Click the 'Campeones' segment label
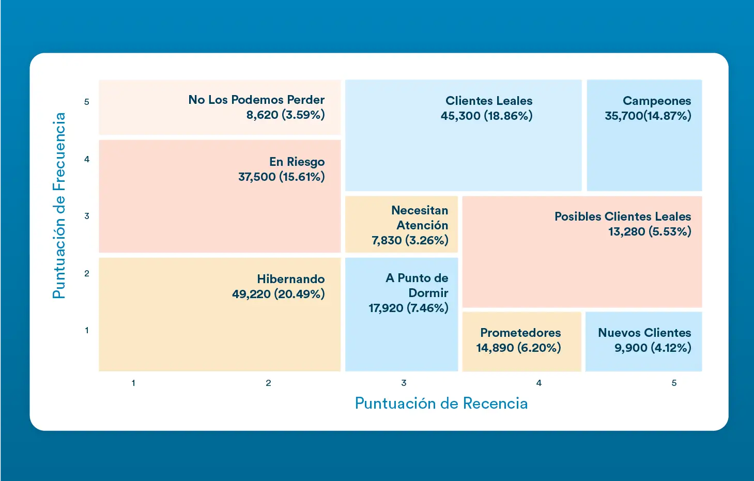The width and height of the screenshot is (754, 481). (656, 101)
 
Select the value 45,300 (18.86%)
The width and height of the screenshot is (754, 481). (486, 116)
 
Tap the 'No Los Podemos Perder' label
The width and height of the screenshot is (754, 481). (256, 100)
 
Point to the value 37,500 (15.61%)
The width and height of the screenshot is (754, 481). (281, 177)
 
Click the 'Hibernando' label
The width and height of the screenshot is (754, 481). (290, 279)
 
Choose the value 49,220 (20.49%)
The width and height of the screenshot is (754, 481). (278, 294)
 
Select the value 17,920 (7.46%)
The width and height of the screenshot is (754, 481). (408, 308)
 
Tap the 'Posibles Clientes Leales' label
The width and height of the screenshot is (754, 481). (622, 216)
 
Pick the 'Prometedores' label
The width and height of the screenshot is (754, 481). (520, 333)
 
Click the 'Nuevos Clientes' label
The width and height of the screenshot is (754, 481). (644, 333)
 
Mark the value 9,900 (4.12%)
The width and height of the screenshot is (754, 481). (652, 348)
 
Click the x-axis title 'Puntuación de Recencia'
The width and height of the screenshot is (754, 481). (441, 403)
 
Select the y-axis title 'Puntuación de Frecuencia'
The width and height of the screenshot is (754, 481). (59, 206)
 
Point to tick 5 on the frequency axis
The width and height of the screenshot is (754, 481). (87, 102)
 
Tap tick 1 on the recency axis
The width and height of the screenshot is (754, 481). (133, 383)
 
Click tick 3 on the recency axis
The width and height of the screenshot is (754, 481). (404, 383)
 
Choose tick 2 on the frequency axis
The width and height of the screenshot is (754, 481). (87, 273)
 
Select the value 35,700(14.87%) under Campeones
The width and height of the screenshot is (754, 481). (648, 116)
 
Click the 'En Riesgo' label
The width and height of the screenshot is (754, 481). (297, 162)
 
